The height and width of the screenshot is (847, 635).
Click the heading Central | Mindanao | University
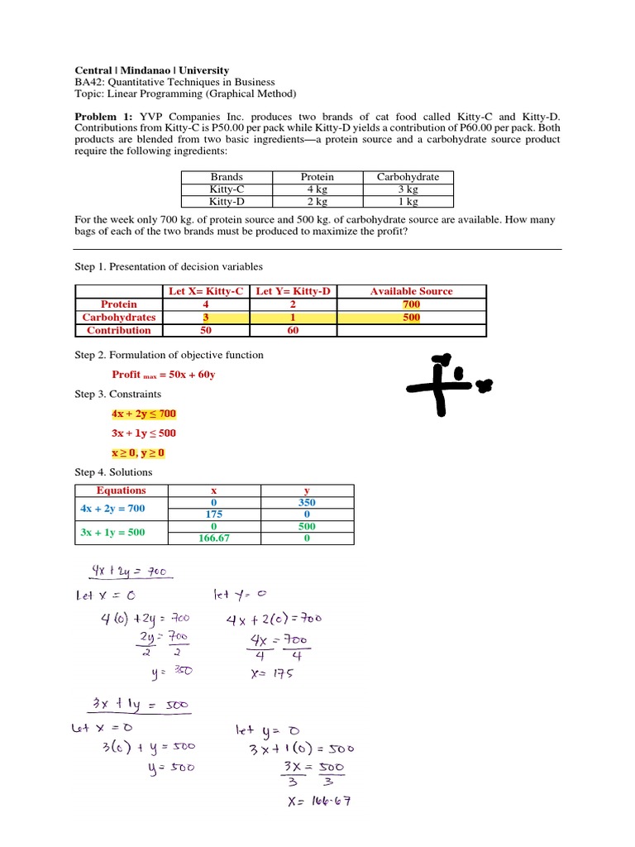152,71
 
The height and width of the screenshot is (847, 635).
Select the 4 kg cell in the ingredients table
317,189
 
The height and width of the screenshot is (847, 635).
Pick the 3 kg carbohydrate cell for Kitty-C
408,189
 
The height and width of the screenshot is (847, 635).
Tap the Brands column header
227,177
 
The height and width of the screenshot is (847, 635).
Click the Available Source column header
411,291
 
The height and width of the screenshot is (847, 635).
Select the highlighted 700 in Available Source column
411,304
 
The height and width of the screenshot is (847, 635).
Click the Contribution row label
119,331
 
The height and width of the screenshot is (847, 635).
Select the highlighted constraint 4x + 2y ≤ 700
143,414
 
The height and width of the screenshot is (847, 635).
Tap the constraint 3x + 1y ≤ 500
143,433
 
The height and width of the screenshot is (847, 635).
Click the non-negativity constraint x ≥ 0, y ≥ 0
138,453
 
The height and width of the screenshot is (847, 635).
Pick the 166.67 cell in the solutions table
213,538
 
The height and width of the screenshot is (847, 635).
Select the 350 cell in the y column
307,503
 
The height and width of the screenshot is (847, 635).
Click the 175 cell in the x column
213,514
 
